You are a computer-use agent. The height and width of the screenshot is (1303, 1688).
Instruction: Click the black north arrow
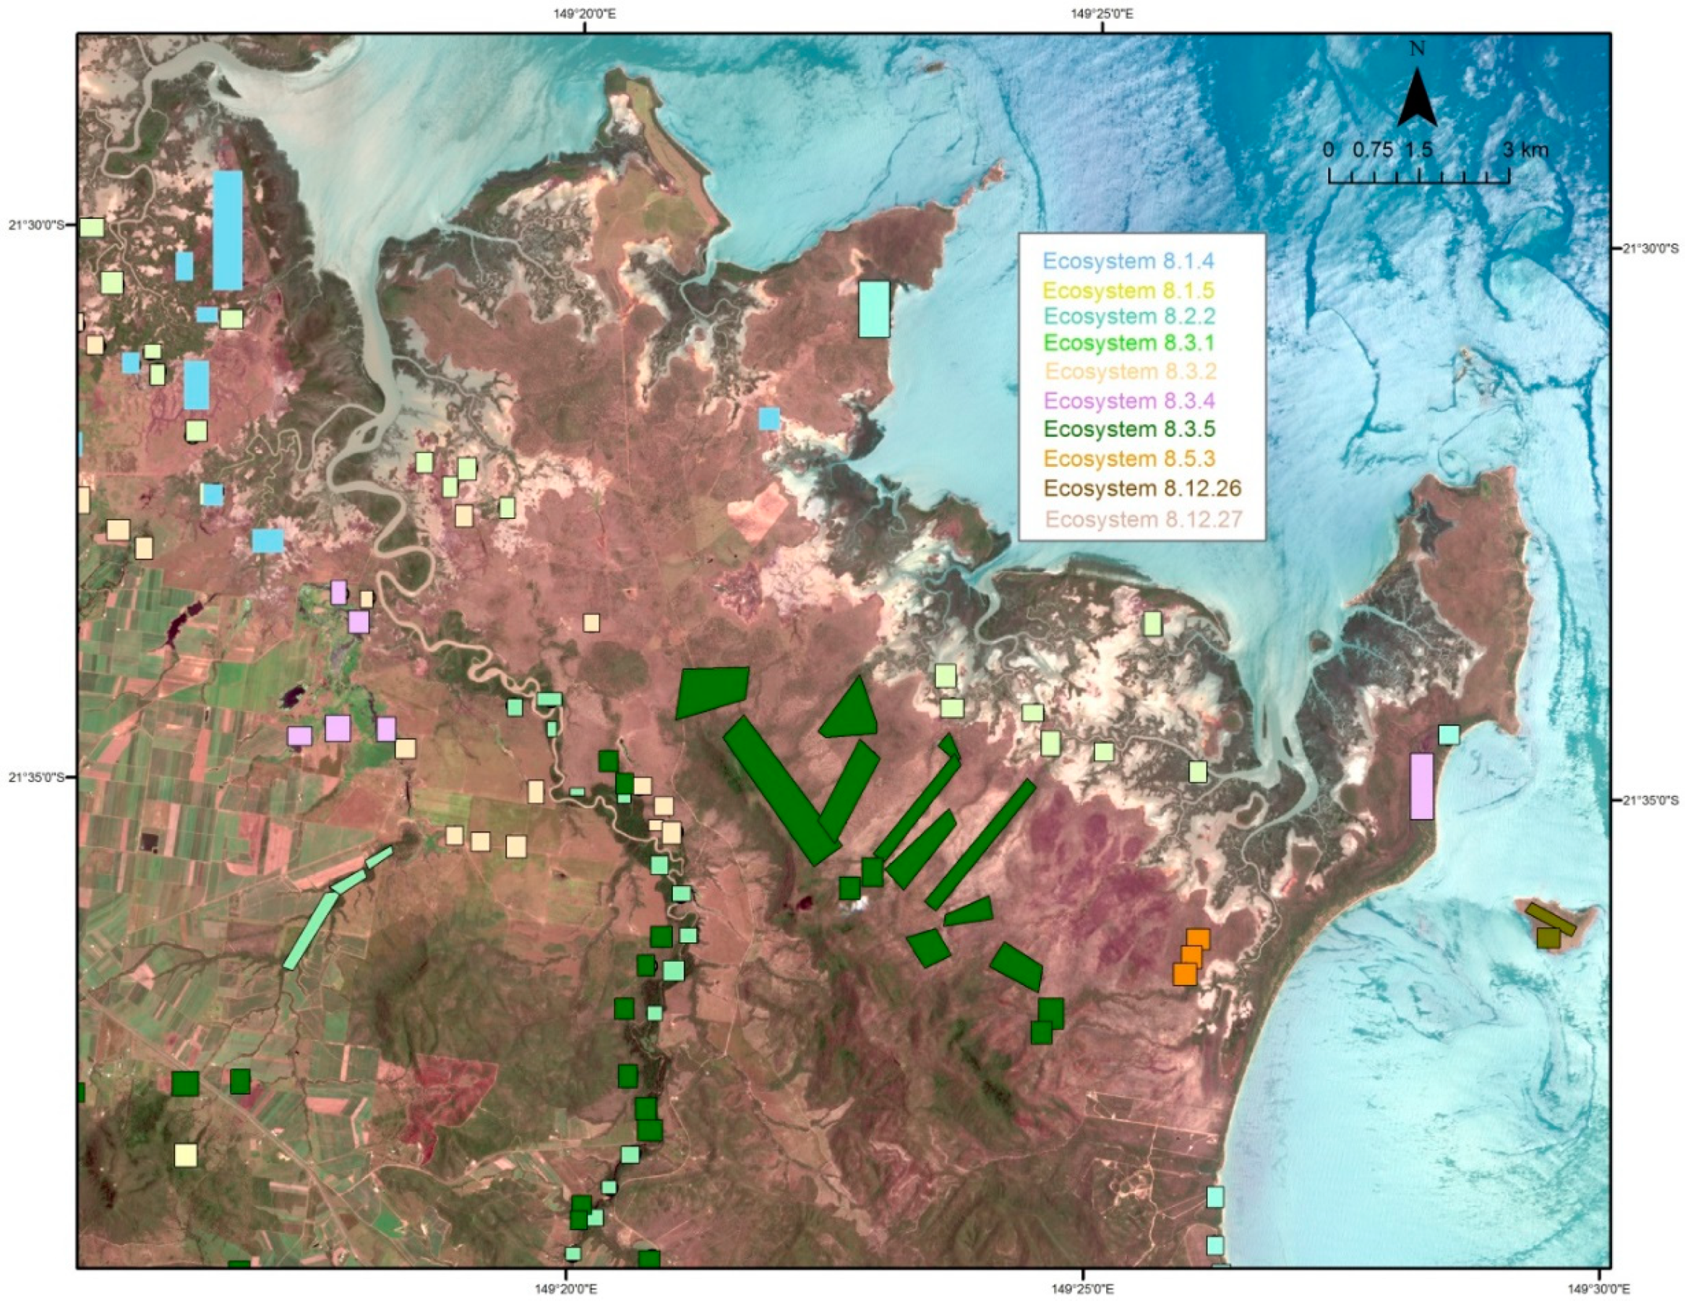[x=1417, y=98]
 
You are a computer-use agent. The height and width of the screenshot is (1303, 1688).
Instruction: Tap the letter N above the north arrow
[x=1418, y=48]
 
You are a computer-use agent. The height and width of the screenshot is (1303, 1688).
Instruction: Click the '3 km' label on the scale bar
[x=1525, y=150]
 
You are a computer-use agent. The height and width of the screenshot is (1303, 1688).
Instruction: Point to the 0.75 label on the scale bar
[x=1373, y=150]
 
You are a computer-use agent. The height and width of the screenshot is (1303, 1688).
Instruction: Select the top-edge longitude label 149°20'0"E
[x=584, y=12]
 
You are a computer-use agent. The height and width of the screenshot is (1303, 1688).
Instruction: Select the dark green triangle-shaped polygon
[x=851, y=711]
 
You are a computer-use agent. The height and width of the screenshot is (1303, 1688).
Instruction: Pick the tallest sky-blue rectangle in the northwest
[x=227, y=231]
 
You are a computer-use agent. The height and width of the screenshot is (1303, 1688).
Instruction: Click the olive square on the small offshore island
[x=1548, y=938]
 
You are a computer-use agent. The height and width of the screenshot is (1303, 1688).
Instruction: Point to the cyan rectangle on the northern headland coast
[x=874, y=309]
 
